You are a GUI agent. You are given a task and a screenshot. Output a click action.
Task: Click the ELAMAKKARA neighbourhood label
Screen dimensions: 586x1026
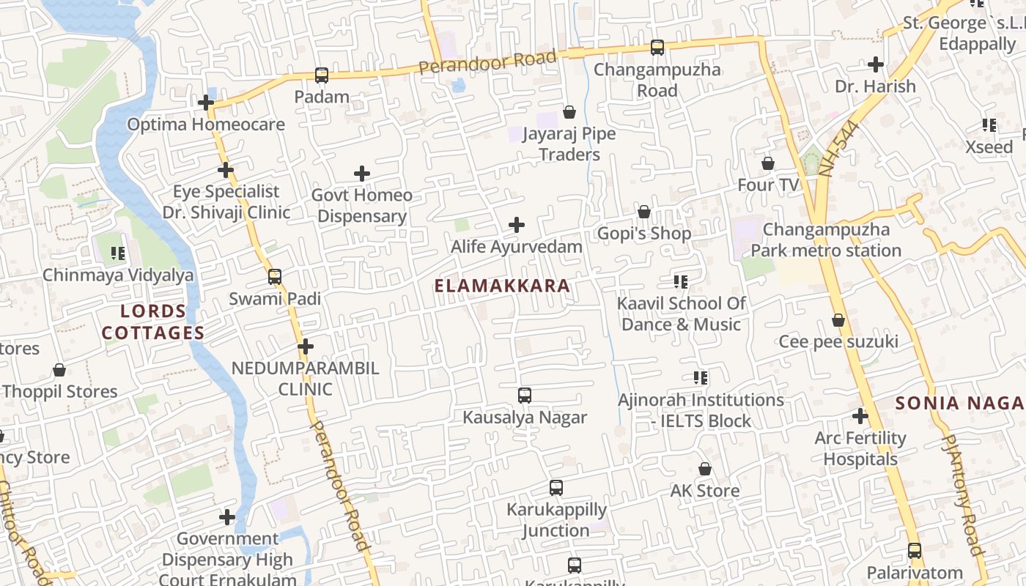click(502, 286)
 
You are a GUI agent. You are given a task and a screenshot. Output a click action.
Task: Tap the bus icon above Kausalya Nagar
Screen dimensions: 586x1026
click(525, 396)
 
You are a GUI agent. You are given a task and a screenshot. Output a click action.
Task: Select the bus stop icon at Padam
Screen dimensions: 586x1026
click(322, 75)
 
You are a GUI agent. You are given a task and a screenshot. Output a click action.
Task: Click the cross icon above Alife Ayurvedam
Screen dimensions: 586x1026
click(517, 225)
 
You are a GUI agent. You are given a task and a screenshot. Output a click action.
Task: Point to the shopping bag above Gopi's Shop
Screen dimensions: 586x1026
click(644, 212)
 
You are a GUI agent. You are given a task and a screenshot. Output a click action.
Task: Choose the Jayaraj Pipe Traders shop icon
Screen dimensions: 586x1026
click(569, 112)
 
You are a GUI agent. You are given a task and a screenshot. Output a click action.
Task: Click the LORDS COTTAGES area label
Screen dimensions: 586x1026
click(152, 322)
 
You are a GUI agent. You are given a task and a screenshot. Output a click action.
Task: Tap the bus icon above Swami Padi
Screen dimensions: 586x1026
click(275, 277)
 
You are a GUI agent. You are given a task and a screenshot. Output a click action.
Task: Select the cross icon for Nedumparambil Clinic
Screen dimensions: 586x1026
click(306, 346)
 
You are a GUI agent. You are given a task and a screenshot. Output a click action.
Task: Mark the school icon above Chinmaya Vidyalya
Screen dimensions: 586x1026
click(118, 253)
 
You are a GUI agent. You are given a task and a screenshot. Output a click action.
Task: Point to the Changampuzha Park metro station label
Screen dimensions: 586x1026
click(826, 240)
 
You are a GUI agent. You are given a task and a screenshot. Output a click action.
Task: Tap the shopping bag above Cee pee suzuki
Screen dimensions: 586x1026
click(838, 320)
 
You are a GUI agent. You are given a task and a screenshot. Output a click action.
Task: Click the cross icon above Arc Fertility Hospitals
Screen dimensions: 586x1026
click(860, 417)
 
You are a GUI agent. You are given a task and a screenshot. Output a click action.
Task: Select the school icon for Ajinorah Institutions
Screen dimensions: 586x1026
click(701, 378)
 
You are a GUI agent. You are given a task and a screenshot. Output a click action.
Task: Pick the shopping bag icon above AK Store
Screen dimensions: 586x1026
click(705, 469)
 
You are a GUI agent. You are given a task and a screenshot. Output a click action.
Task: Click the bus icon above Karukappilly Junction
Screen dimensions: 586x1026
click(556, 488)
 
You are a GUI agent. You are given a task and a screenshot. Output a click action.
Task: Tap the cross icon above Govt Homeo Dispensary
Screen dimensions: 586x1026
click(362, 174)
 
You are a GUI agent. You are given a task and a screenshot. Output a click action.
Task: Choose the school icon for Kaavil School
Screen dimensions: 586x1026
click(681, 281)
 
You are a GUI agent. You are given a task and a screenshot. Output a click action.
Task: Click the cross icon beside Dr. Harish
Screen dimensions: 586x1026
click(876, 64)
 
